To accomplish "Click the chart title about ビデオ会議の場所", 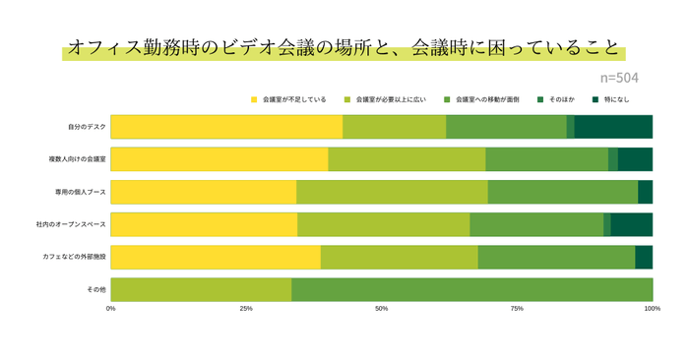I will (x=344, y=48).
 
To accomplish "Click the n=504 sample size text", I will (x=619, y=76).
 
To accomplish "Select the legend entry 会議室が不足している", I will (x=293, y=99).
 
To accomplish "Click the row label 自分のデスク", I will (x=87, y=127).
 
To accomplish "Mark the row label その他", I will (x=96, y=290).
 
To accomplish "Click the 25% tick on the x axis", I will (x=246, y=309).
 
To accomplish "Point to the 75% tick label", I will (x=517, y=309).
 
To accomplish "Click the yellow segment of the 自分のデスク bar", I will (x=226, y=127).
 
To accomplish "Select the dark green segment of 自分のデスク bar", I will (x=613, y=127).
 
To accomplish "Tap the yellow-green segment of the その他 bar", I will (x=201, y=290).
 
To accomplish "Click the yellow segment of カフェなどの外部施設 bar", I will (x=216, y=257).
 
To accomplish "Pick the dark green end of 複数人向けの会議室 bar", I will (x=635, y=159).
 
